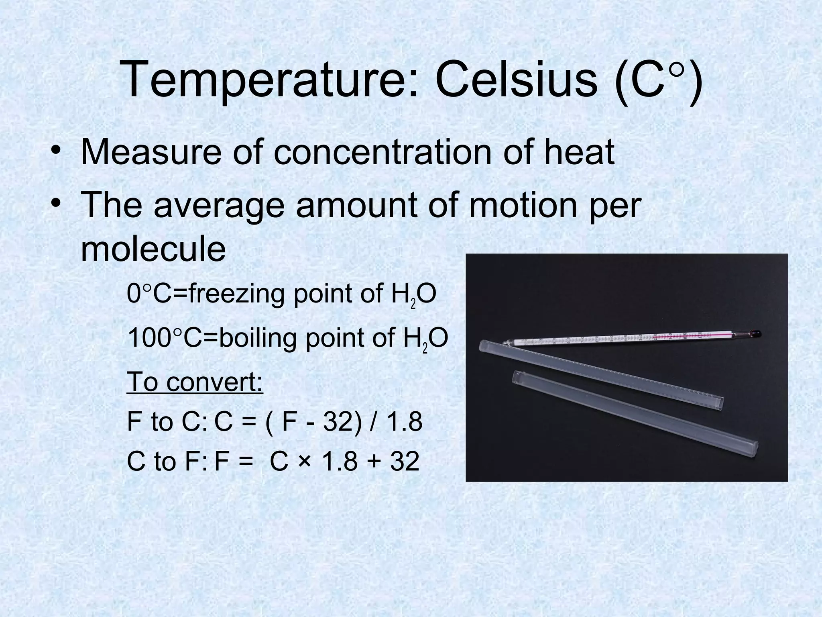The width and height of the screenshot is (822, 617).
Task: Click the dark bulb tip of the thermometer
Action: [x=756, y=333]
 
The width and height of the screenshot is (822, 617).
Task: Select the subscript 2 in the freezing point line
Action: [x=413, y=304]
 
